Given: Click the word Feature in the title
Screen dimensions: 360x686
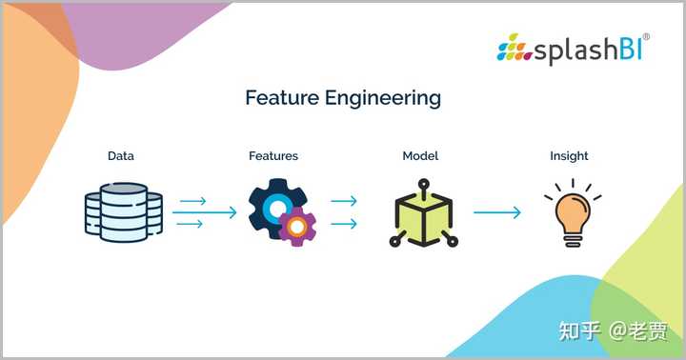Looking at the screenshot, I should (x=279, y=98).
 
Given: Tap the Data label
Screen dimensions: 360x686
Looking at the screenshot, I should (x=120, y=155).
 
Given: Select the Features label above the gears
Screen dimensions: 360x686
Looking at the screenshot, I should (x=273, y=155).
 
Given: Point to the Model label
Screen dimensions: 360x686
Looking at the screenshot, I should (x=420, y=155).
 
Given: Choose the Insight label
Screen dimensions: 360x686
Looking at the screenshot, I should (x=569, y=155).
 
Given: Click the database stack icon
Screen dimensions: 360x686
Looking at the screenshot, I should (x=122, y=212).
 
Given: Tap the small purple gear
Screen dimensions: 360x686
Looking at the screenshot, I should (x=298, y=227).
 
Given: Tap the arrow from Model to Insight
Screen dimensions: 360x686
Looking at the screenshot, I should (x=497, y=212).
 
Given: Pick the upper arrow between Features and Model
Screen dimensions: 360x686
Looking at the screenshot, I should (x=343, y=201).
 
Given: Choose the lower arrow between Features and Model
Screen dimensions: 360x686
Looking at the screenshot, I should (x=343, y=224).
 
